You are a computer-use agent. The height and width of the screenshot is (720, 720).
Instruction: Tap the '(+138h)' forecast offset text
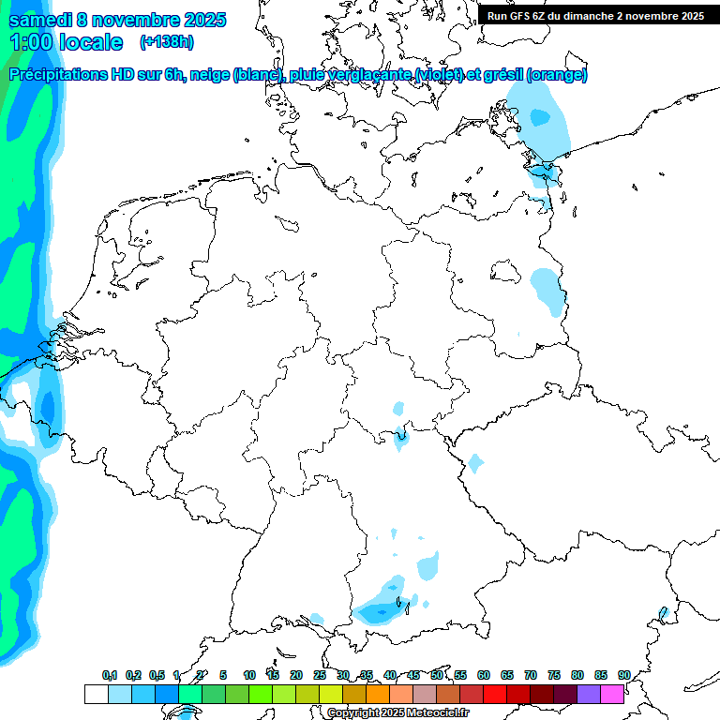167,41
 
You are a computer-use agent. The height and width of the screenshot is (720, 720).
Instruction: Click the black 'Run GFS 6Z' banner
595,15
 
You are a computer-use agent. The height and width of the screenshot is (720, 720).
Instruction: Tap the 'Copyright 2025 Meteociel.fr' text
397,712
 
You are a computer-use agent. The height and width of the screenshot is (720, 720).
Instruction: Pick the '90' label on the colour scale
624,675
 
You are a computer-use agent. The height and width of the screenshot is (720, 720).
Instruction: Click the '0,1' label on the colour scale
110,675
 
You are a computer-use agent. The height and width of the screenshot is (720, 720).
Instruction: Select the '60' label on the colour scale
484,675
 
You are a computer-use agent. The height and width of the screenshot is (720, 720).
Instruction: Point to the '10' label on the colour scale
249,675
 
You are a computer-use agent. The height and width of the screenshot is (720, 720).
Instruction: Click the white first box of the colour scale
96,694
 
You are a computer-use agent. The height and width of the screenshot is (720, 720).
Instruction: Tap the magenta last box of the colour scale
612,694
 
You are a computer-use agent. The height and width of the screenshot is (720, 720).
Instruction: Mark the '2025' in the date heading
199,20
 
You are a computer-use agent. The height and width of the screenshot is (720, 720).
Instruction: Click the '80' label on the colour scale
577,675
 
